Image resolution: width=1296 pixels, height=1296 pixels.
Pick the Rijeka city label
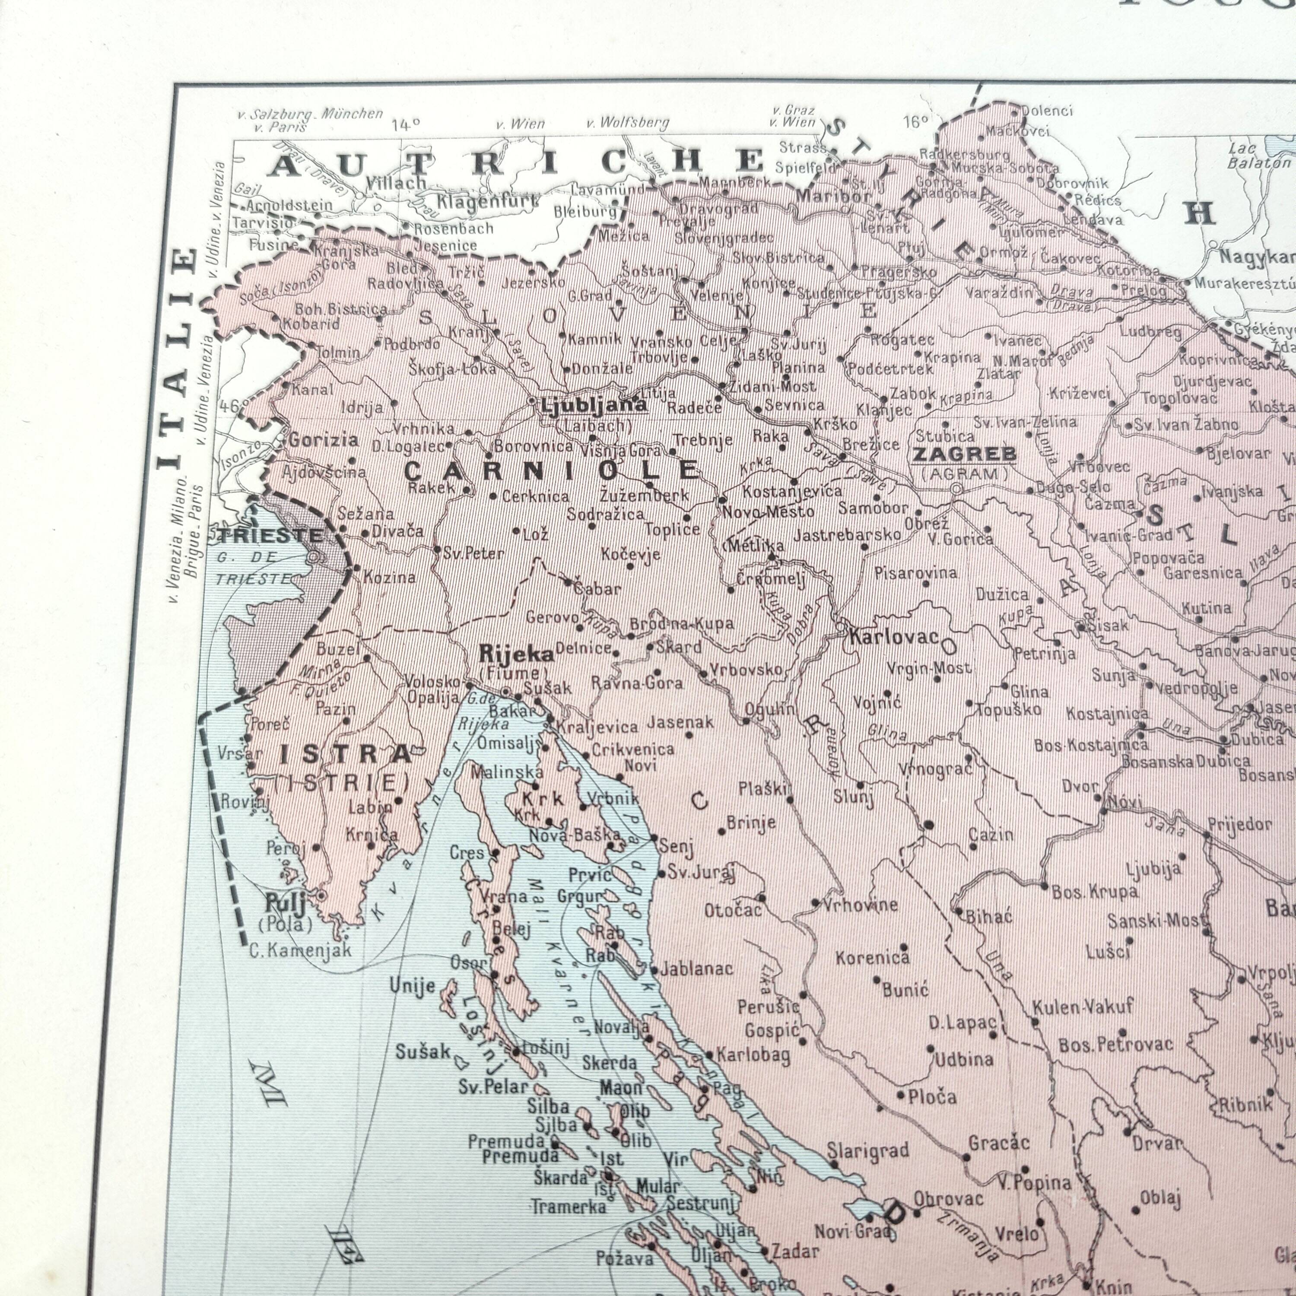point(516,654)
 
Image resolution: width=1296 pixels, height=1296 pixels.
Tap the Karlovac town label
point(893,637)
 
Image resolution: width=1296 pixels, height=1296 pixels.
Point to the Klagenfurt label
point(488,201)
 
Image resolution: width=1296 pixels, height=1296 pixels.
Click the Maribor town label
point(834,197)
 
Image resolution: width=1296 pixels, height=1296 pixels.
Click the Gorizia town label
point(323,441)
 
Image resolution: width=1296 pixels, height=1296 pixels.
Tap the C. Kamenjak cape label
point(300,950)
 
